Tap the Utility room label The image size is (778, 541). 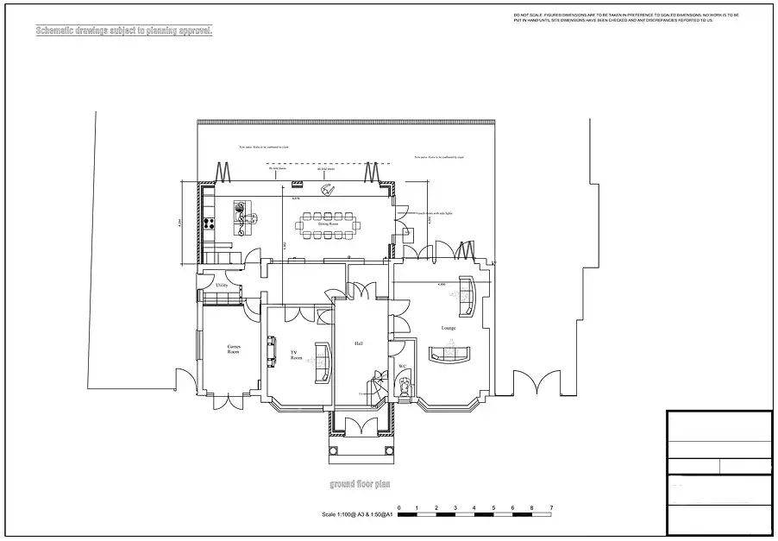coord(221,284)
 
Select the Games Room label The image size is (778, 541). coord(233,349)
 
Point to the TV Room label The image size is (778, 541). coord(296,355)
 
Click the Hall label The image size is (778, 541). coord(358,343)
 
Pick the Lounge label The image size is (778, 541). coord(448,328)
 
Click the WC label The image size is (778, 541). coord(402,367)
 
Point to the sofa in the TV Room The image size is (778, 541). coord(324,362)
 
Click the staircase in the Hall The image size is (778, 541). coord(376,384)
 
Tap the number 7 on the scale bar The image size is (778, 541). coord(551,507)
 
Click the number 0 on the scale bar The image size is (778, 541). coord(398,507)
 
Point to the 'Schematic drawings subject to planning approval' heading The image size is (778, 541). coord(122,31)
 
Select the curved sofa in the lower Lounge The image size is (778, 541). coord(451,352)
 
